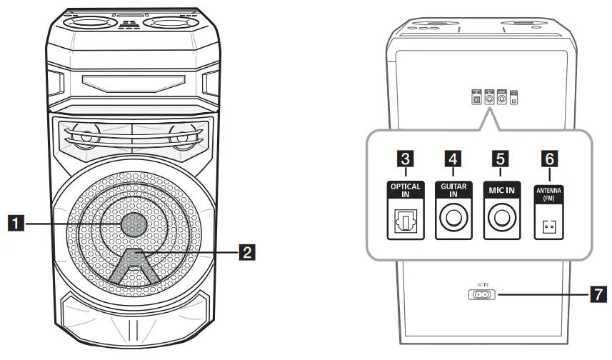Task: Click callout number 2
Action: click(246, 251)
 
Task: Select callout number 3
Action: click(405, 157)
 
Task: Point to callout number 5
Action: click(500, 157)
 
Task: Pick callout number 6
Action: click(550, 157)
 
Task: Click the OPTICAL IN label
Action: click(406, 190)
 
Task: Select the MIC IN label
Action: click(500, 190)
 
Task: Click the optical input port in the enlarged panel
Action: click(405, 224)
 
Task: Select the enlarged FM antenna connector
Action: click(549, 227)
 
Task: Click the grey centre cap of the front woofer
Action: click(135, 224)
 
